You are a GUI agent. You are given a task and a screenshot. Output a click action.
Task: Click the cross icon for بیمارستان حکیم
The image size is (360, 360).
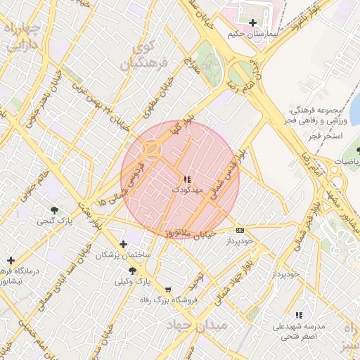pos(253,22)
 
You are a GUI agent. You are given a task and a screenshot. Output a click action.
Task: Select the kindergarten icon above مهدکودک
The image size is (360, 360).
pos(187,179)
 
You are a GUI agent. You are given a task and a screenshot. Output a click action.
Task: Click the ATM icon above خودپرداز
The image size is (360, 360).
pos(240,230)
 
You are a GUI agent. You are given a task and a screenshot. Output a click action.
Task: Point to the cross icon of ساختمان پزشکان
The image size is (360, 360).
pos(124,245)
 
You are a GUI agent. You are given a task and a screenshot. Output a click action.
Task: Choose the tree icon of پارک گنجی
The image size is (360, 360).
pos(55,210)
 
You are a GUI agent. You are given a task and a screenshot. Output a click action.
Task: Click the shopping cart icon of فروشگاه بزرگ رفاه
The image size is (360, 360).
pos(167,290)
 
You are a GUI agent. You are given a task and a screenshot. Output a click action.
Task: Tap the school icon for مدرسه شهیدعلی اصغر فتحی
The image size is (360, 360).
pos(299,316)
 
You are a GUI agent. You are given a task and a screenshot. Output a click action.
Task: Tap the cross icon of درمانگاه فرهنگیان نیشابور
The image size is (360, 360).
pos(11,260)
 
